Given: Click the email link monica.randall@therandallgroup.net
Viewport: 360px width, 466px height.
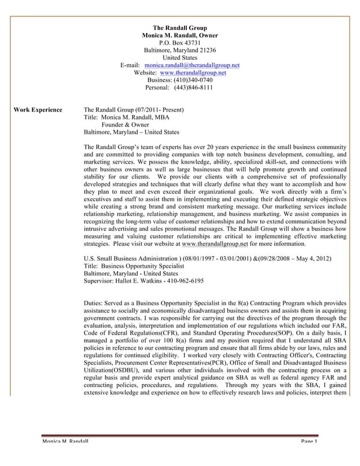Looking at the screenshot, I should (192, 65).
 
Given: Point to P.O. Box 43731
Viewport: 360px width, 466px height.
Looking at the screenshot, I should (180, 42).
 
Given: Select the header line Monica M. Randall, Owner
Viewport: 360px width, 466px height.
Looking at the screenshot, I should (180, 35).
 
